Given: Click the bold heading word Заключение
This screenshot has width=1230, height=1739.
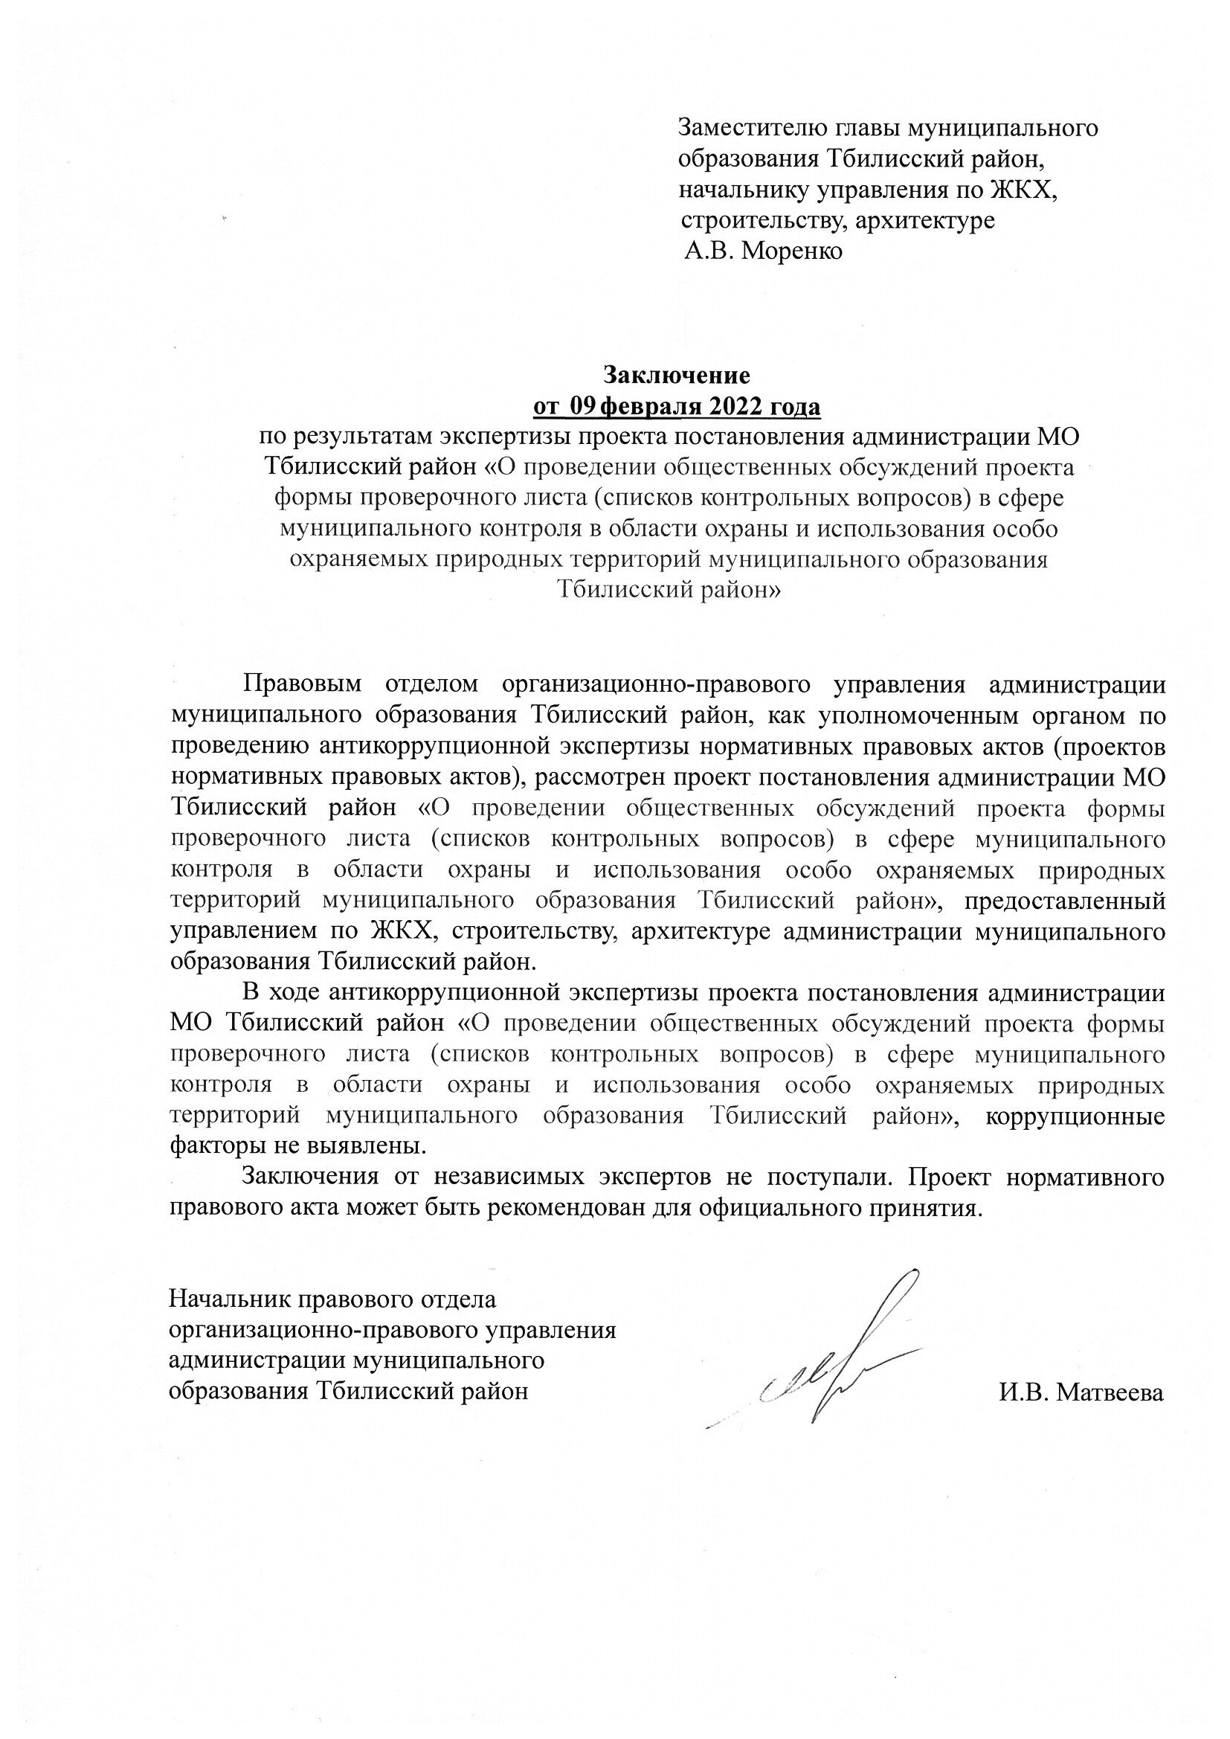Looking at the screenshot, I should (x=676, y=376).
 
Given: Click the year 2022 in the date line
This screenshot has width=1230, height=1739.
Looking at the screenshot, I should (x=736, y=407).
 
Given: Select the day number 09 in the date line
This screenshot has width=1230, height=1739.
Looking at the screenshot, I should (x=585, y=407).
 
